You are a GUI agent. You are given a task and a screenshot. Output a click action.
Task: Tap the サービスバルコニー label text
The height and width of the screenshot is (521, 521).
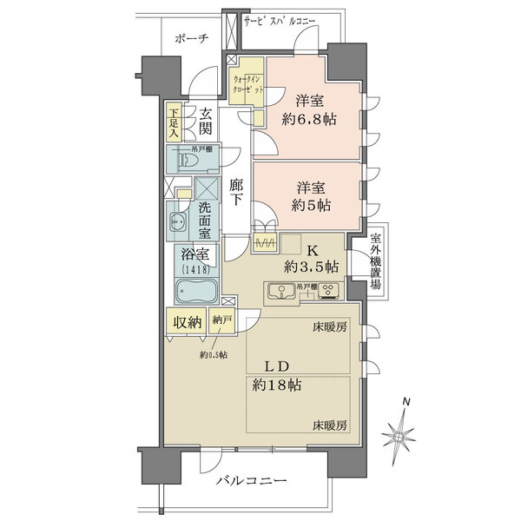(280, 19)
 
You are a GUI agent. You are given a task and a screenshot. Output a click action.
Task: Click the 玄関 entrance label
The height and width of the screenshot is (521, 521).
(206, 122)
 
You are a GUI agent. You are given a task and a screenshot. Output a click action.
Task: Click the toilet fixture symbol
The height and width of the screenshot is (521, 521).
(188, 160)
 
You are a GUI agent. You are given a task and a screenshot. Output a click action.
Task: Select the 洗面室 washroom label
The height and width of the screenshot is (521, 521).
(206, 221)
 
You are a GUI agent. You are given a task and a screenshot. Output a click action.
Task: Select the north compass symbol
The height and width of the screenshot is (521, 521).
(405, 428)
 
